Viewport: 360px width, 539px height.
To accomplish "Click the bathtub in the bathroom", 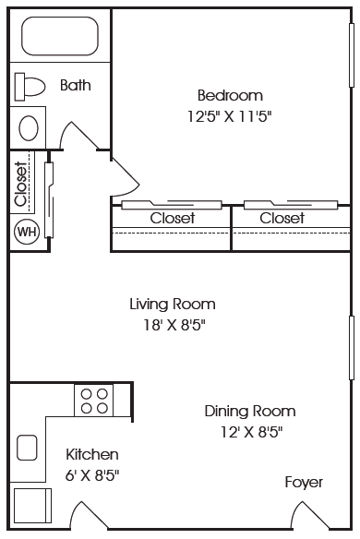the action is point(60,36).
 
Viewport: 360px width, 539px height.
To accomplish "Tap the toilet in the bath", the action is point(30,87).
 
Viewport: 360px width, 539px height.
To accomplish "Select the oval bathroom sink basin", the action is point(29,128).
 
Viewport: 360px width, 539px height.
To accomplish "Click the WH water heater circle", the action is point(27,232).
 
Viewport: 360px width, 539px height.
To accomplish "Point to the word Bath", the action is point(76,85).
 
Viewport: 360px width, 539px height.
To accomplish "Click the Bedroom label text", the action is point(230,95).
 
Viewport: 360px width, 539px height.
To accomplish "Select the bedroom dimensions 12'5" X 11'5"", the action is point(229,116).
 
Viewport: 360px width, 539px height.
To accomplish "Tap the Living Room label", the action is point(173,305).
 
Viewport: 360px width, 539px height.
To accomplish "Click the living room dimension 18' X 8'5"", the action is point(174,325).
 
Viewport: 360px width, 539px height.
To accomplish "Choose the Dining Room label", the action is point(250,411).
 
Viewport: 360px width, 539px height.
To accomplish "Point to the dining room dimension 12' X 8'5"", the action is point(251,432).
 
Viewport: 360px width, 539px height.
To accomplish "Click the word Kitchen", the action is point(92,454).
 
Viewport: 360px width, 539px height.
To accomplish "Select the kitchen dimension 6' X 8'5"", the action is point(92,475).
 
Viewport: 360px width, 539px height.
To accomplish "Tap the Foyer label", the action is point(304,483).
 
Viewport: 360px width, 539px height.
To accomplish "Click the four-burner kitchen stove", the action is point(94,401).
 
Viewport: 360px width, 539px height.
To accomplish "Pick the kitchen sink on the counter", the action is point(27,448).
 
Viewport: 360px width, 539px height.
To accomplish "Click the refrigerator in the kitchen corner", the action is point(32,506).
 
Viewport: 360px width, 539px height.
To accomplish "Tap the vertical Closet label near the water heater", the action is point(20,185).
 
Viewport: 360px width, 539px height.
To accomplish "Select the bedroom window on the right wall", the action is point(352,55).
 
